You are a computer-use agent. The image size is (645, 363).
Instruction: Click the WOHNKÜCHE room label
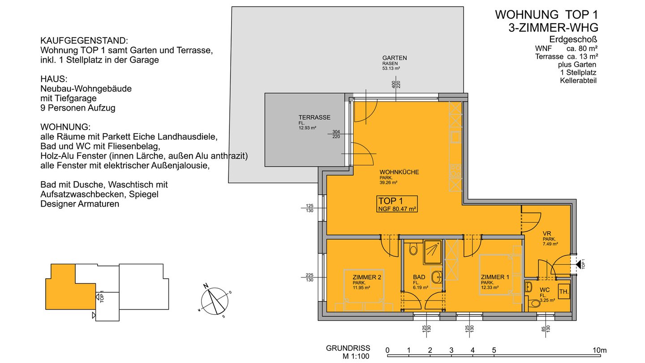click(x=399, y=172)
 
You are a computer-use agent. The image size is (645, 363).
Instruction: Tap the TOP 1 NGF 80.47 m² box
click(x=397, y=204)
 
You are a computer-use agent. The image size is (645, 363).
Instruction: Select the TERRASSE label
click(x=314, y=117)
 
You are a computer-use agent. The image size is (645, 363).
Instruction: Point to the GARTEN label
click(x=395, y=58)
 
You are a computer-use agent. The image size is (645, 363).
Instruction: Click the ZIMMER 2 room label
click(x=367, y=277)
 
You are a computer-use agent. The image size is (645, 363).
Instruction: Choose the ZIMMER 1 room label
click(x=495, y=277)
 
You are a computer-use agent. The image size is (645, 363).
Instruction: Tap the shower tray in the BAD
click(x=433, y=252)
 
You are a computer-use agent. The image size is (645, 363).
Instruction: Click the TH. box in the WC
click(x=564, y=292)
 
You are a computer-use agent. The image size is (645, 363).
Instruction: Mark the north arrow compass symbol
click(x=215, y=301)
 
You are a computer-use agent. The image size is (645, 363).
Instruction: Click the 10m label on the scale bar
click(x=600, y=350)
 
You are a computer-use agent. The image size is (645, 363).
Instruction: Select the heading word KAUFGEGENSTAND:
click(x=84, y=41)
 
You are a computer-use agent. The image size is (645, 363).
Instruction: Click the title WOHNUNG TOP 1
click(x=546, y=15)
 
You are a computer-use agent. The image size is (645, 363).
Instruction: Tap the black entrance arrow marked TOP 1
click(x=578, y=264)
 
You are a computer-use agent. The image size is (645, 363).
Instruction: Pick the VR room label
click(x=547, y=233)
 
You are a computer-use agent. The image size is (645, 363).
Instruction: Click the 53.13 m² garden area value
click(x=391, y=69)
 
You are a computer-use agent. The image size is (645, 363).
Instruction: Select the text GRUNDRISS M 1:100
click(x=348, y=352)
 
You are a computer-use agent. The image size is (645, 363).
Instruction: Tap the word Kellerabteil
click(x=578, y=81)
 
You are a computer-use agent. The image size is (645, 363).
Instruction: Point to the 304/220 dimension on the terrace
click(x=336, y=134)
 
